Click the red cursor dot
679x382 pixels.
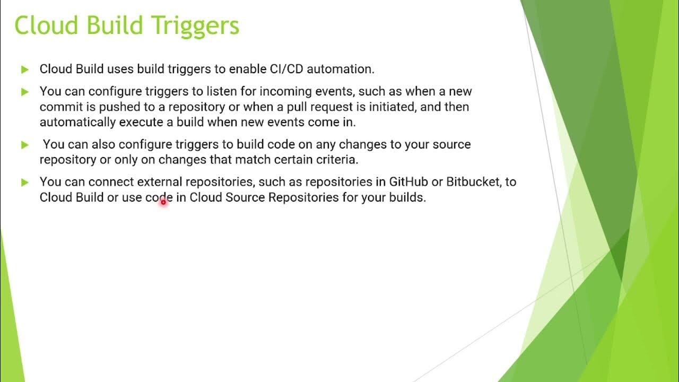tap(163, 202)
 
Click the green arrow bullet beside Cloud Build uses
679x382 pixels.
tap(24, 70)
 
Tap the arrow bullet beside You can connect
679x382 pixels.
tap(24, 183)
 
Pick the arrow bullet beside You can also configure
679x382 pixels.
tap(24, 145)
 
